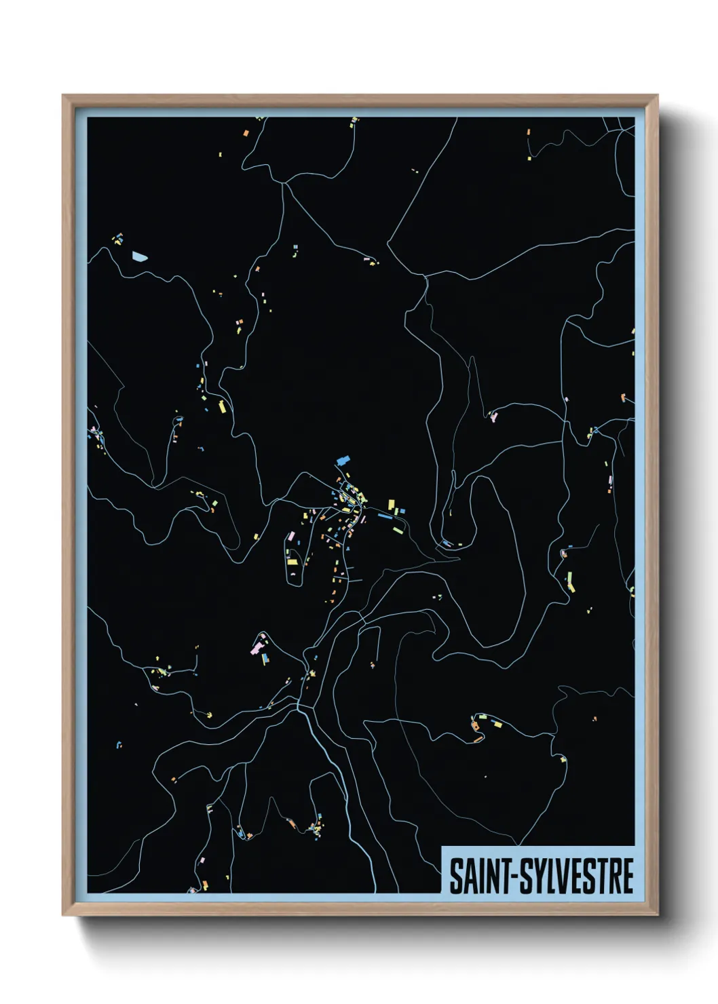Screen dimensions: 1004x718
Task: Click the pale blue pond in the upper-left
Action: click(x=139, y=256)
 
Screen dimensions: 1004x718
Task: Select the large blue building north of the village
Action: click(x=343, y=461)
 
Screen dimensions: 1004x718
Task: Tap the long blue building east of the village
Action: click(x=384, y=516)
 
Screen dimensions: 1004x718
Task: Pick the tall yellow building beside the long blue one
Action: click(x=391, y=505)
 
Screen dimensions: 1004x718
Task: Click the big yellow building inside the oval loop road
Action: click(x=292, y=561)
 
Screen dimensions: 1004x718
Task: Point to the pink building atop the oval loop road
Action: click(x=292, y=536)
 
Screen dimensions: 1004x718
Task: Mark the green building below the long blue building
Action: click(x=398, y=530)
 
